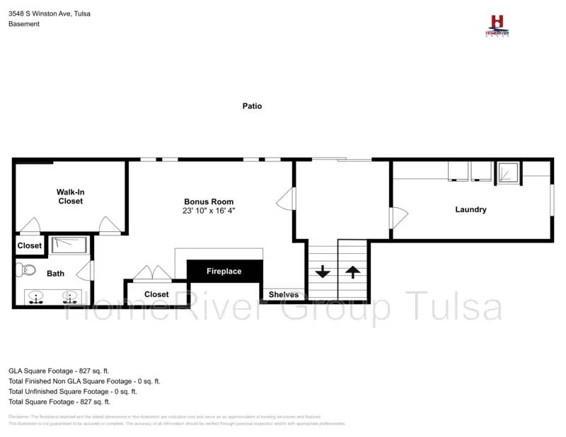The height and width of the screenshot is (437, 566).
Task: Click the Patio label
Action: [x=252, y=106]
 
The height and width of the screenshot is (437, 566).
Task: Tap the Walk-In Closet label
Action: [x=70, y=197]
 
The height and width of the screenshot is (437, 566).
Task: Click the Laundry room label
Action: [x=470, y=209]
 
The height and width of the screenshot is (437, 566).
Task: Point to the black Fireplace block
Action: [x=224, y=271]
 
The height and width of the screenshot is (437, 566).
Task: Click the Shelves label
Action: [x=283, y=294]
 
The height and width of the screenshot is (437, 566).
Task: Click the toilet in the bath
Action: [x=27, y=269]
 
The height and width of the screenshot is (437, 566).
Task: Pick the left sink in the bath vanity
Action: [x=35, y=296]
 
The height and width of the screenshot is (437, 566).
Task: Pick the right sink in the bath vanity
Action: [x=69, y=296]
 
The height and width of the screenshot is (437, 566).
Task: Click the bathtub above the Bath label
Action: [x=69, y=245]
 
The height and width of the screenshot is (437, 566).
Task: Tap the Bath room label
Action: [x=55, y=273]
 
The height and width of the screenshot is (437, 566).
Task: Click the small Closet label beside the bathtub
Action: [x=30, y=246]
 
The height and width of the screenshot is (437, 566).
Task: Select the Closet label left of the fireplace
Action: [x=156, y=294]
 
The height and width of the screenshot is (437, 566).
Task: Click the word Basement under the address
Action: [x=24, y=24]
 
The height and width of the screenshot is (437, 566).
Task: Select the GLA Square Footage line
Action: [x=59, y=371]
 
